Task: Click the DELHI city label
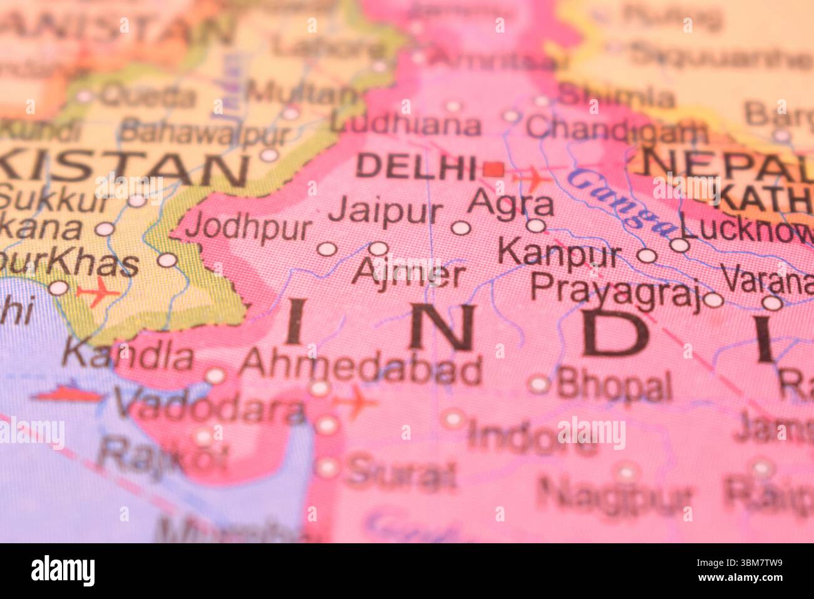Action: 416,167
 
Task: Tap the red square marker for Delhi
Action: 494,169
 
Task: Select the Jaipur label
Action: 385,212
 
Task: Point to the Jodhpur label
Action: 248,227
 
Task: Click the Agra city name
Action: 512,204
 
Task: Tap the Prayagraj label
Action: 616,291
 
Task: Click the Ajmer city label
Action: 409,274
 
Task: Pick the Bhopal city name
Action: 614,385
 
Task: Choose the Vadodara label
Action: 209,409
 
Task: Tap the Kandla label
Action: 128,356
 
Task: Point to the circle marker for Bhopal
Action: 539,384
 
